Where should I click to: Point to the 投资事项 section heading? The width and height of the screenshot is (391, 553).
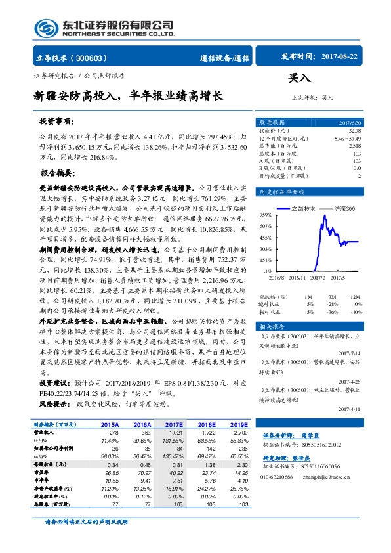click(54, 122)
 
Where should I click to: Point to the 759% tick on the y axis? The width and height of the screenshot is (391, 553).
click(265, 215)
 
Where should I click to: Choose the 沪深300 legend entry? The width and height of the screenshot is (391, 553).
click(341, 208)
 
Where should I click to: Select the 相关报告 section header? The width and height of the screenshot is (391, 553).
click(272, 326)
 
